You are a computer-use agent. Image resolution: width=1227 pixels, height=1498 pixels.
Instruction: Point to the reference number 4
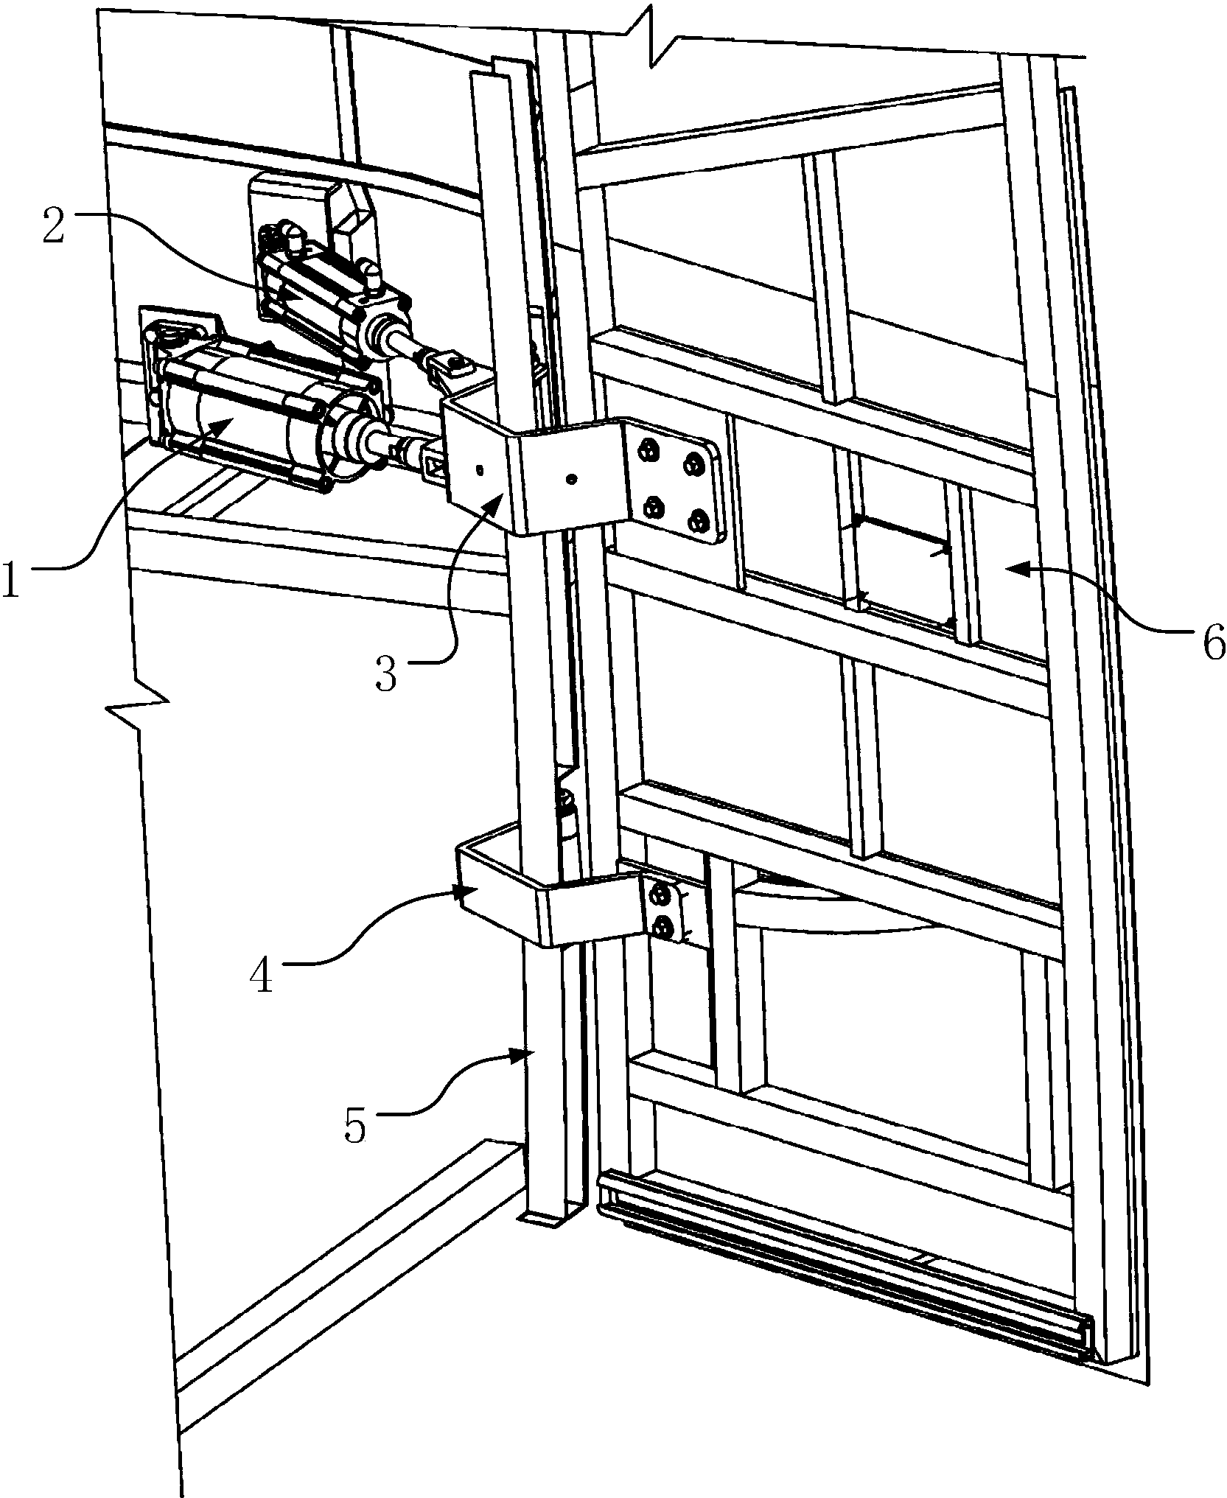pos(261,973)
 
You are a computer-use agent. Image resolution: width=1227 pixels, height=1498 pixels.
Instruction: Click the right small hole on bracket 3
pos(571,480)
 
